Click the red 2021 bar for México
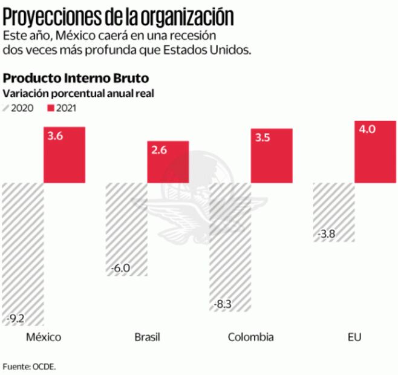point(64,154)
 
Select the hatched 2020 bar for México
point(23,254)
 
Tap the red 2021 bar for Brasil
point(168,161)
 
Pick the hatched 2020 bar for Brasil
point(126,229)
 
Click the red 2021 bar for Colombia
point(272,155)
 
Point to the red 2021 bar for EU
point(374,151)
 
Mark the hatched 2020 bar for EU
point(333,212)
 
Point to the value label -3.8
point(327,233)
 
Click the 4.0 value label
point(367,129)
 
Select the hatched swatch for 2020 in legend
point(8,109)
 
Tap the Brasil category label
point(147,337)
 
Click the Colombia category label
point(250,337)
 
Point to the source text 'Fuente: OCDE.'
point(29,366)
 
